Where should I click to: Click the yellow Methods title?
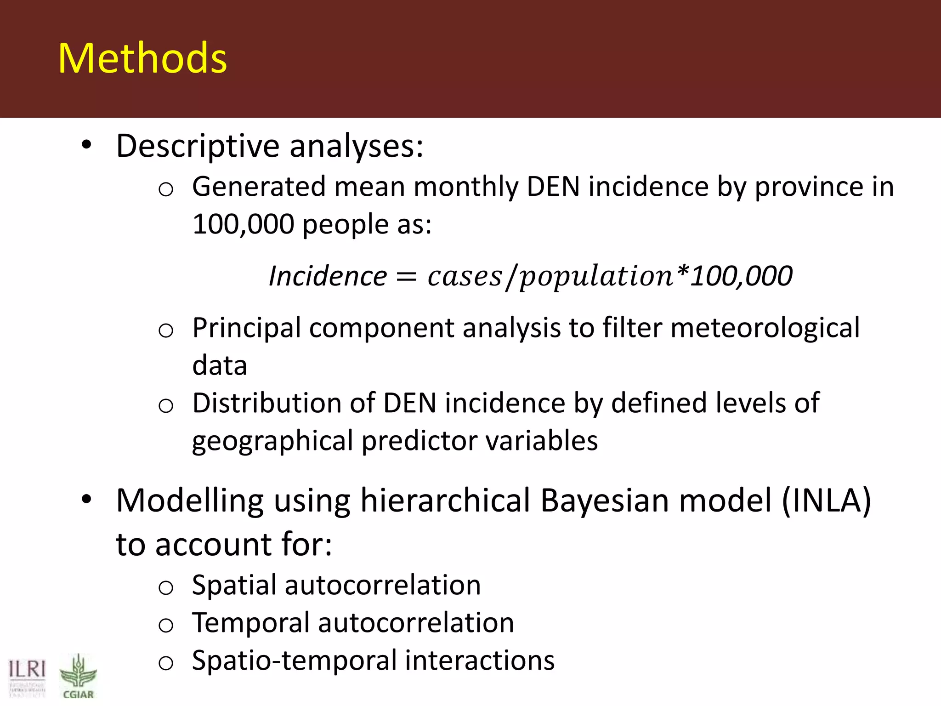pyautogui.click(x=142, y=58)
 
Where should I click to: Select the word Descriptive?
pyautogui.click(x=198, y=147)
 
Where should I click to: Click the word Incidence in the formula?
pyautogui.click(x=328, y=276)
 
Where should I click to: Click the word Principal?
pyautogui.click(x=246, y=329)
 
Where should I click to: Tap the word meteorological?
pyautogui.click(x=765, y=328)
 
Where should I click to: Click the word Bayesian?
pyautogui.click(x=605, y=501)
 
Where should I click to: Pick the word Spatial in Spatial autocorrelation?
pyautogui.click(x=233, y=586)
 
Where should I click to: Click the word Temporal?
pyautogui.click(x=250, y=623)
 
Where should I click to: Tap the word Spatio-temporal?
pyautogui.click(x=294, y=661)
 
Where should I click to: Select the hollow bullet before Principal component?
pyautogui.click(x=165, y=330)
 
